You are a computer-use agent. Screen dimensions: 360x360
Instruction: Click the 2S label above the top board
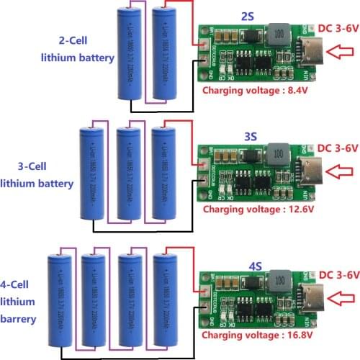point(248,17)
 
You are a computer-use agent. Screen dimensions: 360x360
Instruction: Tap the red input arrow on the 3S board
point(342,171)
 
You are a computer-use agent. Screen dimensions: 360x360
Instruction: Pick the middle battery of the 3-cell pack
point(128,173)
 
